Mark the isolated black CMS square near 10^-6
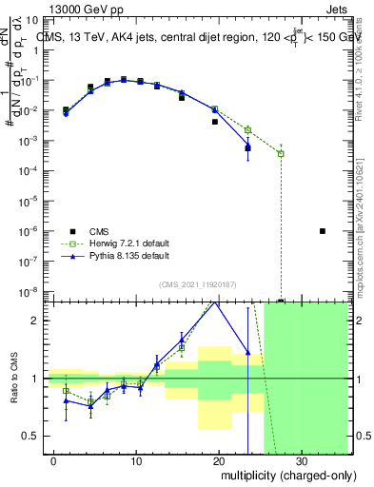pyautogui.click(x=323, y=230)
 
